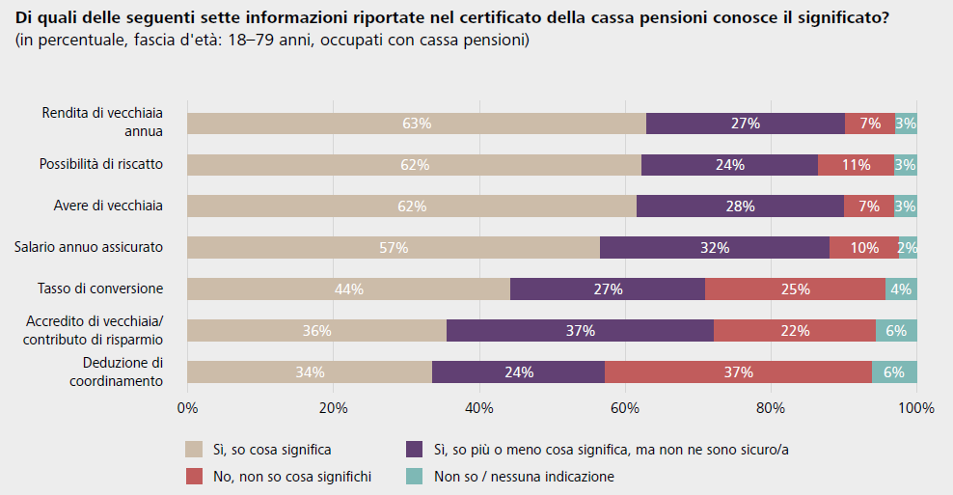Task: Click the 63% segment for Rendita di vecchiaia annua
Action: click(x=416, y=124)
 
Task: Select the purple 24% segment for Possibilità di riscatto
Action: click(x=729, y=164)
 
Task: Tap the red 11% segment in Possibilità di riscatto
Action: click(x=856, y=164)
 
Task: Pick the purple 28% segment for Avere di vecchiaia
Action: click(x=740, y=206)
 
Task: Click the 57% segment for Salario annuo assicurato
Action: click(x=394, y=247)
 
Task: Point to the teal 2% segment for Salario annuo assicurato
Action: click(x=908, y=247)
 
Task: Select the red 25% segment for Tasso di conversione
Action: click(x=795, y=289)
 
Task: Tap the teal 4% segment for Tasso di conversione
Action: click(x=901, y=289)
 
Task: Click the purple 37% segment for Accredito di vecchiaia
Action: click(x=580, y=330)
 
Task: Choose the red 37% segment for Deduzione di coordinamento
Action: click(x=738, y=371)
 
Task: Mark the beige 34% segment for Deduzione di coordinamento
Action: click(x=310, y=371)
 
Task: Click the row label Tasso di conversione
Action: click(x=100, y=289)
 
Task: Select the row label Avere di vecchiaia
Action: click(x=108, y=206)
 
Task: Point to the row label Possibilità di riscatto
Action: click(x=101, y=164)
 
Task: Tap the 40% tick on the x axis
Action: click(x=479, y=408)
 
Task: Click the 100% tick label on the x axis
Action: click(x=916, y=408)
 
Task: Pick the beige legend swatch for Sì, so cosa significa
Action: click(x=195, y=449)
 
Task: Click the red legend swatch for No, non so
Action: click(x=195, y=476)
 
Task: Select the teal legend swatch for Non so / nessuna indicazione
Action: click(x=415, y=476)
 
